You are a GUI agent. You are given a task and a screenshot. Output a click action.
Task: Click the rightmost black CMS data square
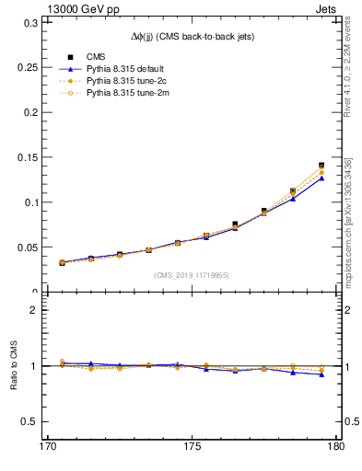(321, 166)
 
